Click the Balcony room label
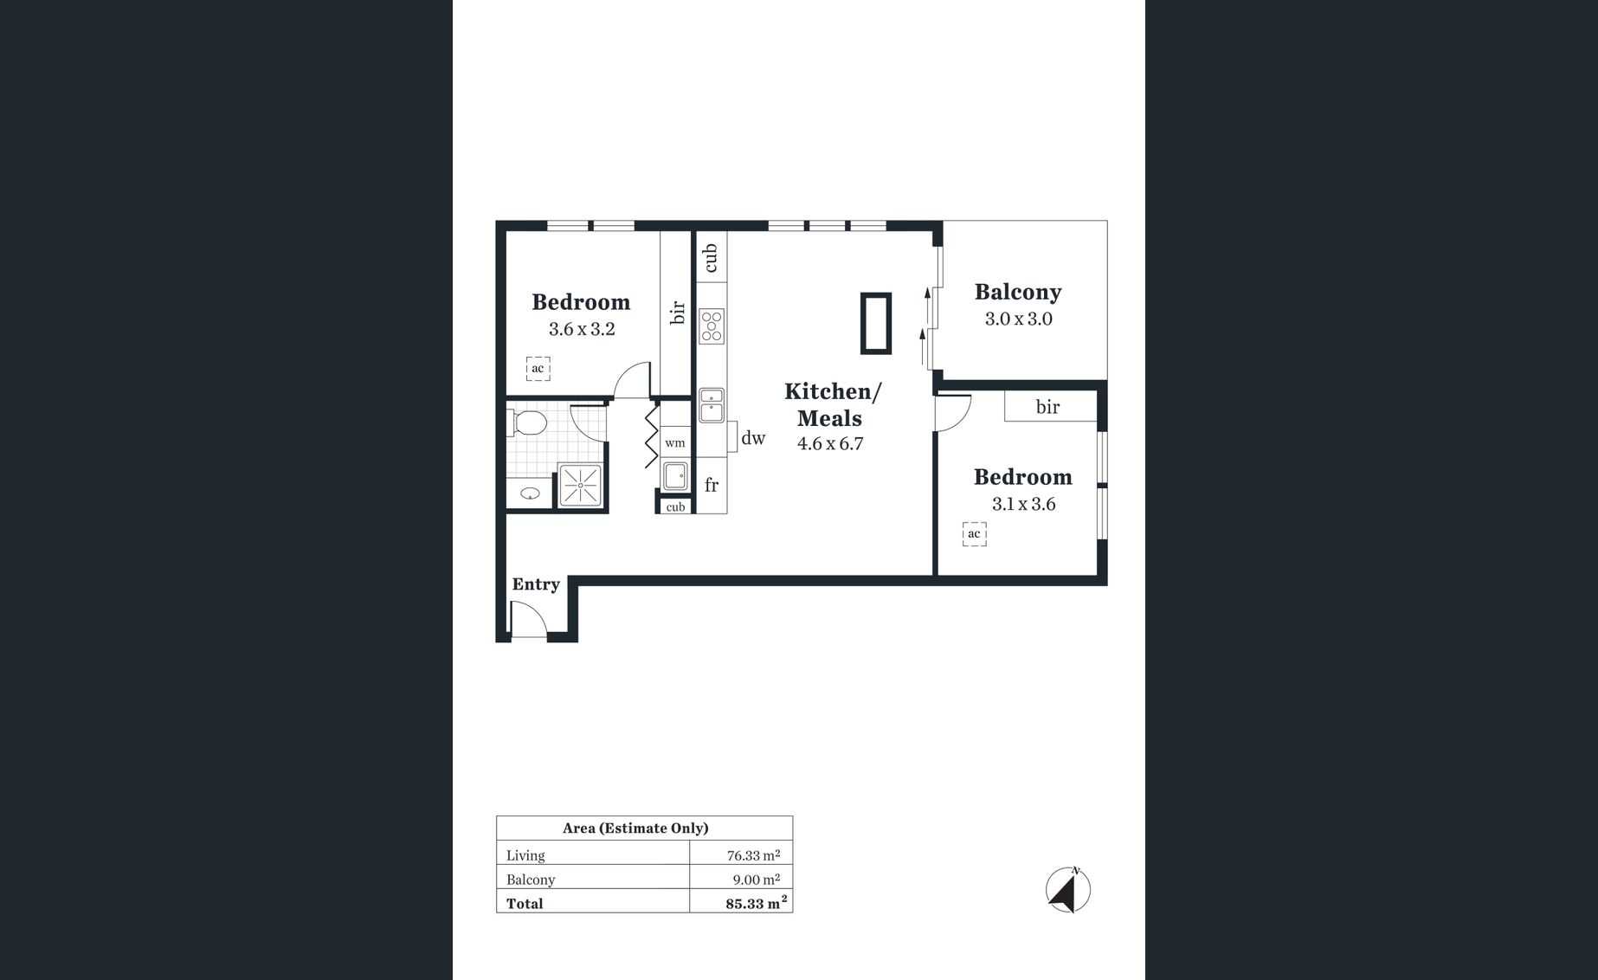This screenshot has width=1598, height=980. [x=1018, y=292]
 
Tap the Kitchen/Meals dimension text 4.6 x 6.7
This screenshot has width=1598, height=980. [x=830, y=444]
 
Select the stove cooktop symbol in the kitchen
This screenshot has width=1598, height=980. [x=712, y=326]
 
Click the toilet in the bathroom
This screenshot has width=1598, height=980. [x=528, y=423]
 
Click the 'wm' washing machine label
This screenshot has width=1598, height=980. [x=675, y=443]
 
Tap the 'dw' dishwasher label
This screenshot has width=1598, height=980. [x=753, y=438]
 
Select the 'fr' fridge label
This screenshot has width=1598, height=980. [x=712, y=485]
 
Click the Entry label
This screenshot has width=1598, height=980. [x=536, y=584]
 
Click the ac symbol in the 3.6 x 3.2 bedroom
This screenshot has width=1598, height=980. [x=538, y=369]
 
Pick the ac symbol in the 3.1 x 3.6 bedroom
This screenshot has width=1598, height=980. [x=974, y=533]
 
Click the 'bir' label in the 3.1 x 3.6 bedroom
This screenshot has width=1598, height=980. [x=1047, y=407]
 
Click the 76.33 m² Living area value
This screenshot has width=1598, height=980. [x=753, y=855]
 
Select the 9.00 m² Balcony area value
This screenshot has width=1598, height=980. [x=756, y=880]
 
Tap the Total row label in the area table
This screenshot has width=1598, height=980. [x=525, y=904]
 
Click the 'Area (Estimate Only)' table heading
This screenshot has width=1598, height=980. [x=635, y=828]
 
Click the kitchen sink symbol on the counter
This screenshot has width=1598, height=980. [x=712, y=405]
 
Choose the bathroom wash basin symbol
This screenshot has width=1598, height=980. [x=530, y=493]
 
